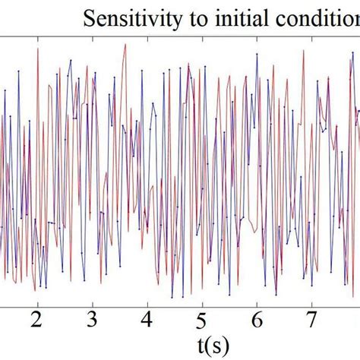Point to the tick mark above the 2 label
point(36,303)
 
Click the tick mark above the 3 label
point(92,303)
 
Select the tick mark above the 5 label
point(202,303)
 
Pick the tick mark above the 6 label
point(257,303)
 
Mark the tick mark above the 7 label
point(312,303)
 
